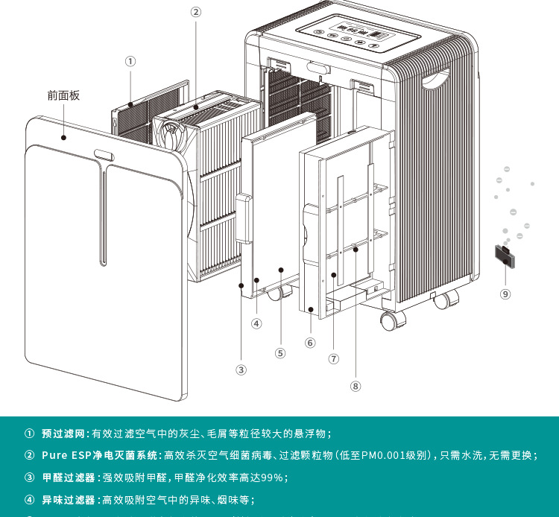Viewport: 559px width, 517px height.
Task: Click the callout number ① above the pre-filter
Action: pos(130,61)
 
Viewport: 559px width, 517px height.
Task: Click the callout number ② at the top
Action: pos(196,12)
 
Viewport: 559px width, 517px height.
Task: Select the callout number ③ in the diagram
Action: pos(241,369)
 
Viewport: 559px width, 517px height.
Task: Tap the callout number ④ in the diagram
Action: pos(256,324)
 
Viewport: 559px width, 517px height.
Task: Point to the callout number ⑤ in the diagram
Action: pos(280,353)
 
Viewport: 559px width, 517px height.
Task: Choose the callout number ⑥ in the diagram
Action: pos(310,343)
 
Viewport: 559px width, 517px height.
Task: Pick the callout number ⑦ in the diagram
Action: pos(334,358)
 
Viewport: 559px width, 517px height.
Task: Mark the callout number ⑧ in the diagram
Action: pos(356,386)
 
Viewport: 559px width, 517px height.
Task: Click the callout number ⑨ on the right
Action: pos(505,294)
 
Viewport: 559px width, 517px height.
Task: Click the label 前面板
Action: pos(63,95)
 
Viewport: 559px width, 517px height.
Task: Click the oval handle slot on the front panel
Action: pos(104,156)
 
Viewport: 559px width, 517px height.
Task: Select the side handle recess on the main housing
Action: pos(436,78)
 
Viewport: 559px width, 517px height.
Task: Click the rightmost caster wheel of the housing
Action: pos(445,301)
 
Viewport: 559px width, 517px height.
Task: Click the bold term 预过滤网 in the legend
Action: pos(65,434)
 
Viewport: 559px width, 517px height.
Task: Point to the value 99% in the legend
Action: pos(271,478)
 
